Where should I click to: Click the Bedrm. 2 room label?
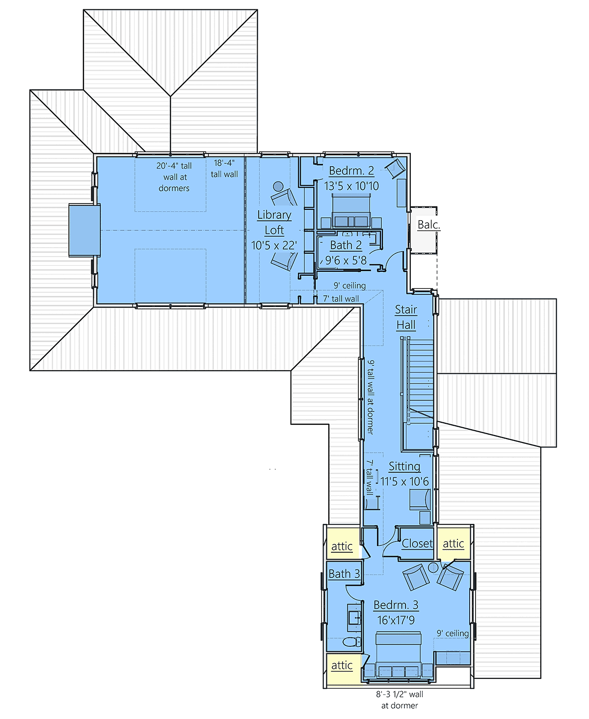pyautogui.click(x=351, y=171)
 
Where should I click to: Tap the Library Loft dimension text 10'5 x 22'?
pyautogui.click(x=274, y=245)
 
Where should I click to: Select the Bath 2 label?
pyautogui.click(x=346, y=245)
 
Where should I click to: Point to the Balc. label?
pyautogui.click(x=428, y=225)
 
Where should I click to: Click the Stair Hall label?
pyautogui.click(x=406, y=317)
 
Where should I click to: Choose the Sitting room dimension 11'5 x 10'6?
pyautogui.click(x=404, y=482)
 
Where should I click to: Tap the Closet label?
pyautogui.click(x=417, y=543)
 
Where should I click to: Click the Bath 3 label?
pyautogui.click(x=344, y=574)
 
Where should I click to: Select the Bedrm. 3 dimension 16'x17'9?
pyautogui.click(x=396, y=620)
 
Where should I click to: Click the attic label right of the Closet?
pyautogui.click(x=453, y=543)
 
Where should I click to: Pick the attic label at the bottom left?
pyautogui.click(x=342, y=665)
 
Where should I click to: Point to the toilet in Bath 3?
pyautogui.click(x=352, y=642)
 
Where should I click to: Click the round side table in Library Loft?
pyautogui.click(x=278, y=186)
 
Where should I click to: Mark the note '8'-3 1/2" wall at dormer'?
pyautogui.click(x=400, y=699)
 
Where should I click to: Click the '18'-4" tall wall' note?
pyautogui.click(x=224, y=169)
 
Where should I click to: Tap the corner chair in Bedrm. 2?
pyautogui.click(x=395, y=168)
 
